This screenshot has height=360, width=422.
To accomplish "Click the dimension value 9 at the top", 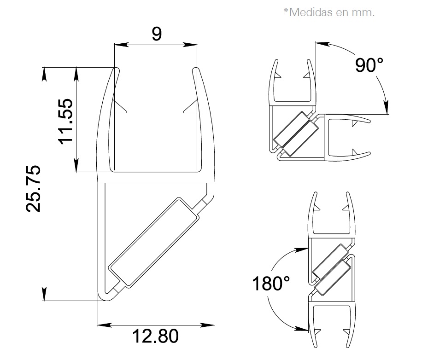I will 156,34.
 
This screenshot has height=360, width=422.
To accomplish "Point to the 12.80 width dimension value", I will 156,337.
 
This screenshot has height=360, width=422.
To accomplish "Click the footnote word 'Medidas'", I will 311,12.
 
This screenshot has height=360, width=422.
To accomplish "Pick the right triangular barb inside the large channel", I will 191,108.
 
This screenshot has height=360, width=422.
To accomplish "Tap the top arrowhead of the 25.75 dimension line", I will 45,74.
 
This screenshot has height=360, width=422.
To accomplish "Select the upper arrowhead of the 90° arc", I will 322,44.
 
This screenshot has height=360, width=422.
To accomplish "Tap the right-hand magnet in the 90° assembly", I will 300,136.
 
